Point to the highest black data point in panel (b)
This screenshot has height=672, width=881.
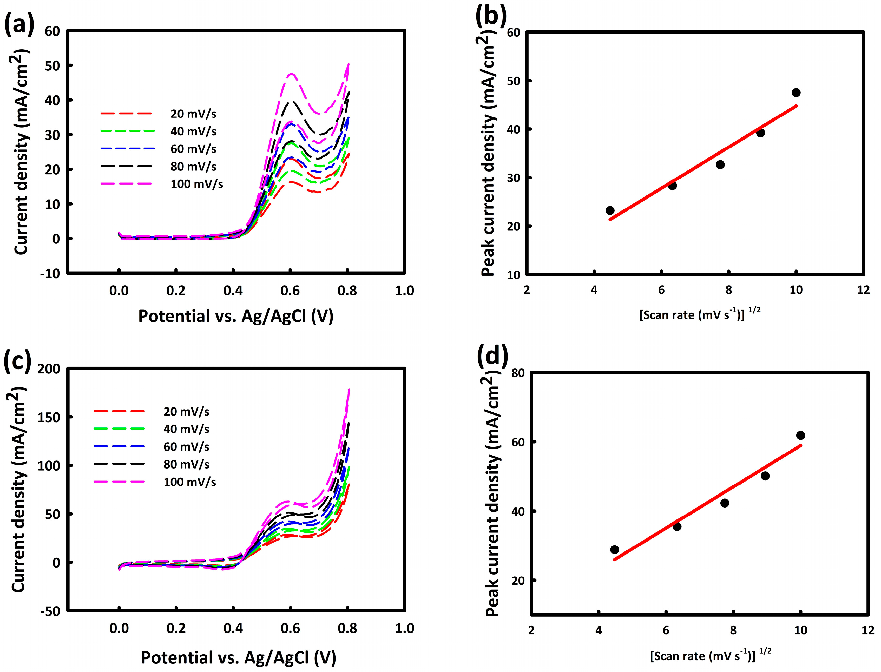[x=796, y=93]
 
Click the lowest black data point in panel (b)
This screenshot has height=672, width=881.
[x=610, y=210]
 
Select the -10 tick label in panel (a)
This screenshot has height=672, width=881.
[x=50, y=274]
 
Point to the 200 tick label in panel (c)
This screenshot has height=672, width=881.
[x=49, y=369]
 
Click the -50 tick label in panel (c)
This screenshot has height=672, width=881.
[x=50, y=611]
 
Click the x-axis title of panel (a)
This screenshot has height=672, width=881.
[x=236, y=317]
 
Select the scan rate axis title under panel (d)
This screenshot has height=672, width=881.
[x=710, y=656]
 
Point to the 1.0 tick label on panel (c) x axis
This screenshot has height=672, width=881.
[x=404, y=628]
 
